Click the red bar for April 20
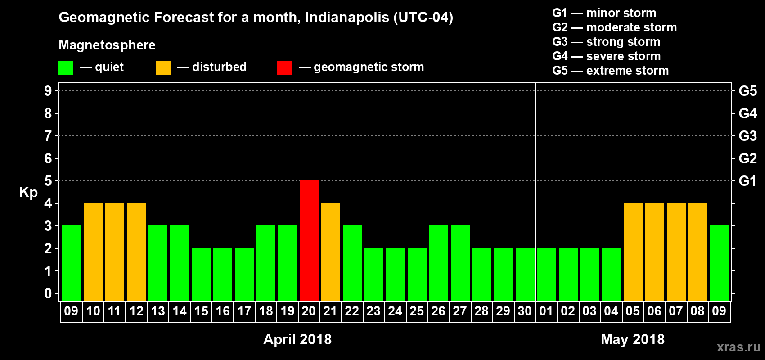[309, 240]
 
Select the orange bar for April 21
[331, 252]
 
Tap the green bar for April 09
[72, 263]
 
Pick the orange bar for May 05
[633, 252]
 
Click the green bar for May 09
[720, 263]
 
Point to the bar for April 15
[201, 274]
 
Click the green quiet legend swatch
[66, 68]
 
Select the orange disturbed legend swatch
[163, 68]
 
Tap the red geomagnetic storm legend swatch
[284, 68]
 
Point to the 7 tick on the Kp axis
[48, 136]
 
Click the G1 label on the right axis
[747, 181]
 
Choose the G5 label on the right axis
[747, 91]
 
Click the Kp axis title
[28, 193]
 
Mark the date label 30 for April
[525, 311]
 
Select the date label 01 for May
[546, 311]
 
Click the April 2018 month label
[297, 339]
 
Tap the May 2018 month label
[633, 339]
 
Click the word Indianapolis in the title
[346, 18]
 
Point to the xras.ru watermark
[738, 347]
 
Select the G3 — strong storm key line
[606, 42]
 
